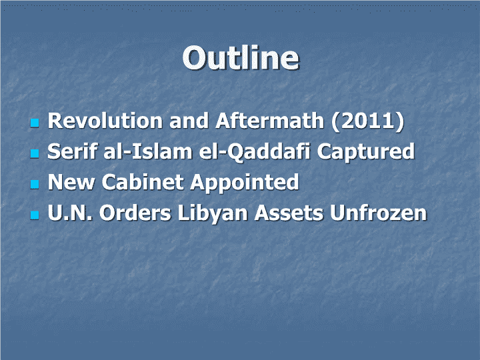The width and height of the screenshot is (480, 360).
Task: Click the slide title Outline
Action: [x=241, y=58]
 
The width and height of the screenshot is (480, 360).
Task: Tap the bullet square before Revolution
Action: [x=35, y=123]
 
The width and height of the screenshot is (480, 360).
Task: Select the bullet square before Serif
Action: [x=35, y=153]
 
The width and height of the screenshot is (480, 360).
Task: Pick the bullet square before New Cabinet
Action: [x=35, y=184]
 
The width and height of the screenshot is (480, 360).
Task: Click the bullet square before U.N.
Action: [x=35, y=215]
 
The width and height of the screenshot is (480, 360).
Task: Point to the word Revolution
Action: [x=105, y=121]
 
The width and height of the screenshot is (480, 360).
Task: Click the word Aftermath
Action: [x=270, y=121]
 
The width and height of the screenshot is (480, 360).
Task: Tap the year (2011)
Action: [x=367, y=121]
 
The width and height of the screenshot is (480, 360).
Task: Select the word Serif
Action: [x=73, y=151]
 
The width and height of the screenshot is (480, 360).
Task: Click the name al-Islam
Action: [x=148, y=151]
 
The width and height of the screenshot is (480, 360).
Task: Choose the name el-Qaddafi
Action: [x=255, y=152]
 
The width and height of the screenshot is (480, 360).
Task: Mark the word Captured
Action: [x=366, y=152]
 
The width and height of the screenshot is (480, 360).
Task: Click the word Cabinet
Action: [x=143, y=182]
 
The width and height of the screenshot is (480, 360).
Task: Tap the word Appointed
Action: [x=245, y=183]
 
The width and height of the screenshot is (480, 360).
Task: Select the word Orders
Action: [x=135, y=213]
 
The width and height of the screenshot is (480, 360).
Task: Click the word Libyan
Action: [x=213, y=213]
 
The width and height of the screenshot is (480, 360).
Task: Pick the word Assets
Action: [x=289, y=213]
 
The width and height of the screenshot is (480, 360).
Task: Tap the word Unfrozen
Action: [x=379, y=213]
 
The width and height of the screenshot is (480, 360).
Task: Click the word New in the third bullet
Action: [x=71, y=182]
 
